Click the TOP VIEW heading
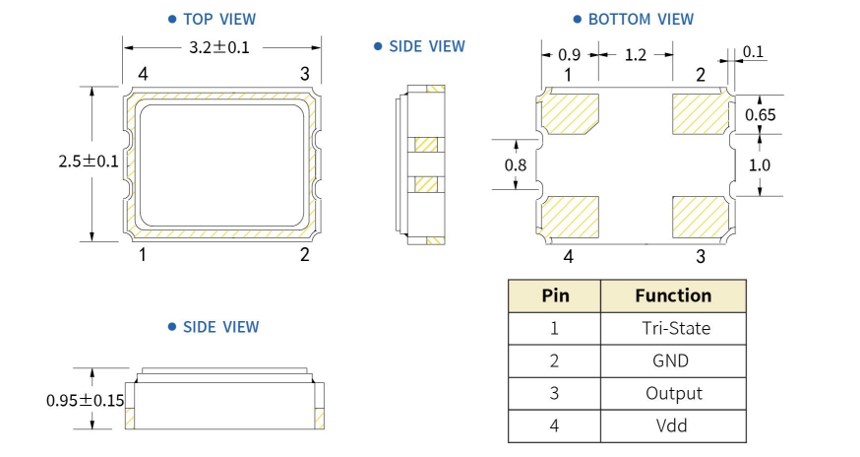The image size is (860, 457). [220, 19]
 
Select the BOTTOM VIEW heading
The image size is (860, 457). [640, 19]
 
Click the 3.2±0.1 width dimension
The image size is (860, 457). [220, 46]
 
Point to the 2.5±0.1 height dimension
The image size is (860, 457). [89, 163]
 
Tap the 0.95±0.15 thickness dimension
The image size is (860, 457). [85, 401]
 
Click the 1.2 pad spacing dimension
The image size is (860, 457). [635, 55]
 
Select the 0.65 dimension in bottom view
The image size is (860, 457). [760, 114]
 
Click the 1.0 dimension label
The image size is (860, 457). [760, 165]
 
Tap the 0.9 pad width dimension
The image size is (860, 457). [569, 55]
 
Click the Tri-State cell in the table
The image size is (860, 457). [673, 328]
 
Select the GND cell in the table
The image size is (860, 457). [673, 360]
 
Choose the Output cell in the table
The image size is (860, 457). [673, 393]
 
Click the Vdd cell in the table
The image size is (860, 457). [673, 425]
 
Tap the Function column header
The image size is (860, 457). [673, 295]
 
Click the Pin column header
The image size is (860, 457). [555, 295]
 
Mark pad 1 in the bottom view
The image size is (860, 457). [570, 111]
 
